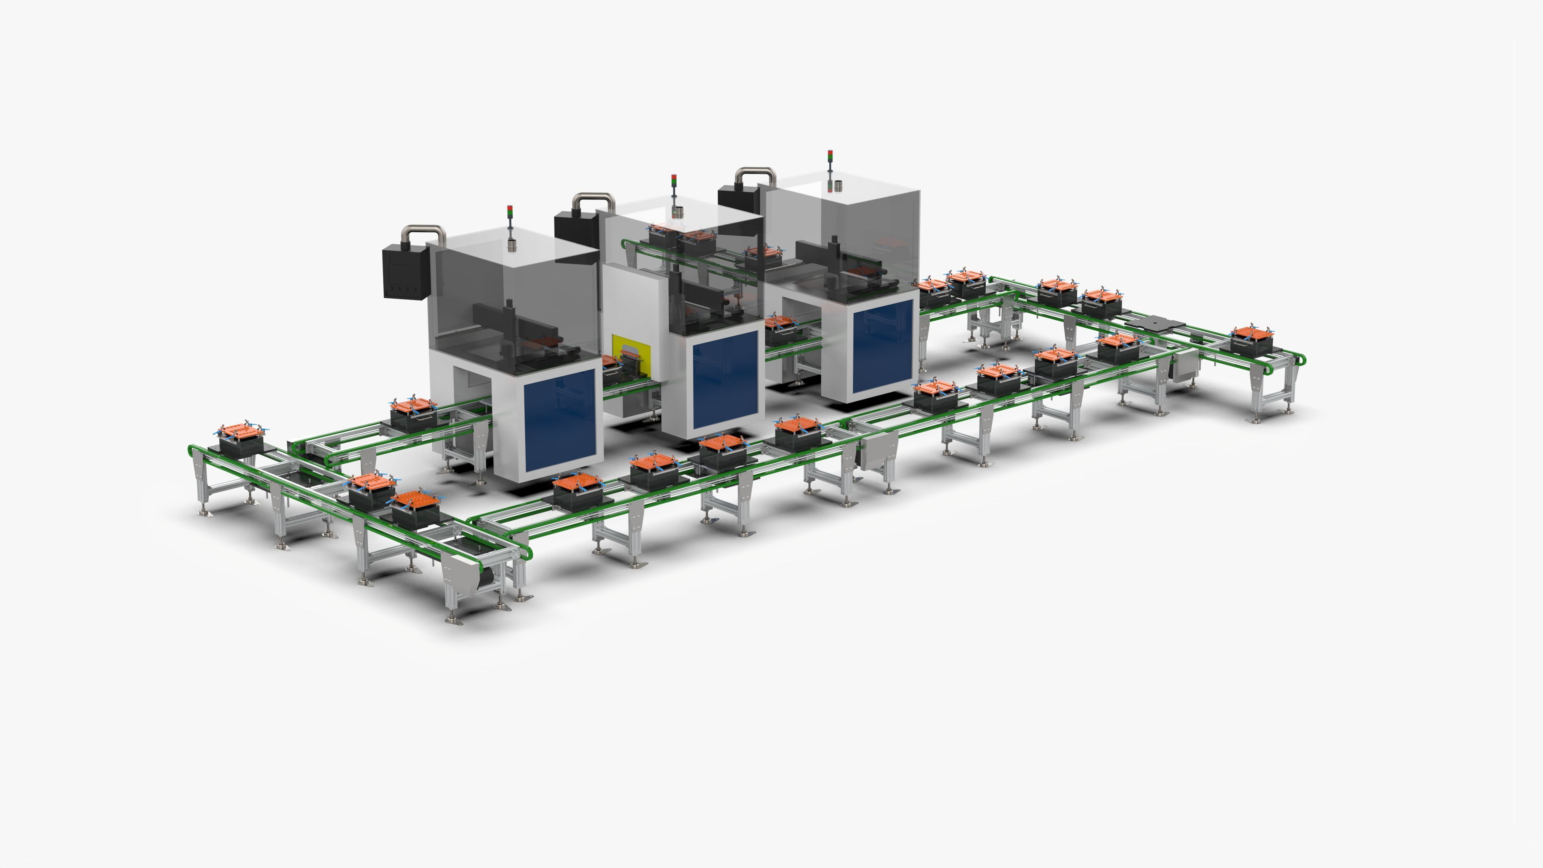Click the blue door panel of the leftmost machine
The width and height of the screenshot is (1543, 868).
click(x=561, y=419)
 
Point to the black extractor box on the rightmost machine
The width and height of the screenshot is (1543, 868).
click(x=737, y=198)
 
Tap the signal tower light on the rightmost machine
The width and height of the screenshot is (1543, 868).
click(x=830, y=157)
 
